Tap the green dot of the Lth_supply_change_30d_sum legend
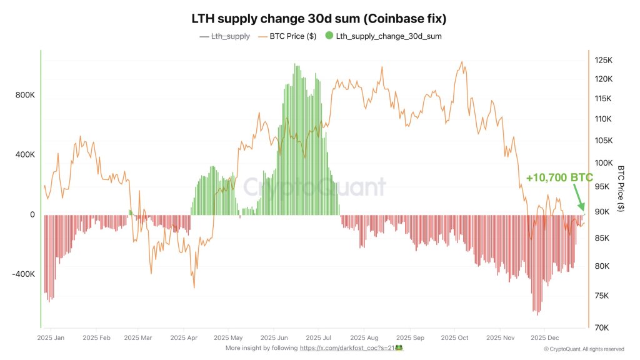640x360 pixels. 329,36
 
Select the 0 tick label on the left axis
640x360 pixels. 32,215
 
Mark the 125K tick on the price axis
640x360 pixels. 604,61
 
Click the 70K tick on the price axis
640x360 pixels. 602,327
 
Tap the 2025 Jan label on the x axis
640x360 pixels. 51,337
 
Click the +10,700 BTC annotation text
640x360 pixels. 559,178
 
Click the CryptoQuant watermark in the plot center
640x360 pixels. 314,186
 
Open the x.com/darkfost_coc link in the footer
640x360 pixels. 350,347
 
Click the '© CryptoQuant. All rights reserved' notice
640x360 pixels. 584,349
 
